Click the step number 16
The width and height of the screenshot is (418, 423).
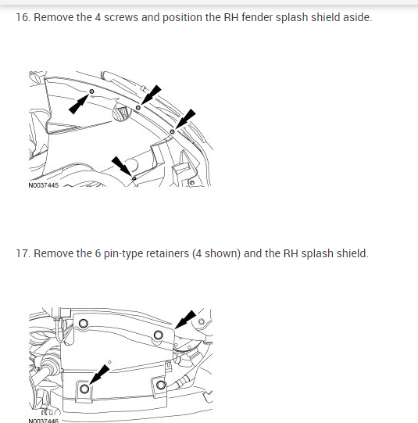pos(23,17)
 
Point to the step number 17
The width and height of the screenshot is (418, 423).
pos(23,253)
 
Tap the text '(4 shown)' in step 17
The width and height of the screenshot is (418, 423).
pos(216,254)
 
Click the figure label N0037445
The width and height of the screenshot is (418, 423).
pos(44,185)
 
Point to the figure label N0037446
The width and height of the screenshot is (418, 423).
pos(44,421)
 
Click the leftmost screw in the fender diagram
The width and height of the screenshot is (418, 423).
pos(91,91)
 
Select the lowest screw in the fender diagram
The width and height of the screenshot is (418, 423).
pos(134,178)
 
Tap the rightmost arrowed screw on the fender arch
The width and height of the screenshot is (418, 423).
pos(172,131)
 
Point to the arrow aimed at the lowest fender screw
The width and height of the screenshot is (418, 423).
pos(122,167)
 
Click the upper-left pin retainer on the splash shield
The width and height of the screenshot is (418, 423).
pos(84,323)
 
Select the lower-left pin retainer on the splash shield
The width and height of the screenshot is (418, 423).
pos(84,389)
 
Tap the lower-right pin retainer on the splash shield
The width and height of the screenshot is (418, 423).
pos(161,385)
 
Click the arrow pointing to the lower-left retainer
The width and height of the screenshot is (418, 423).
pos(99,375)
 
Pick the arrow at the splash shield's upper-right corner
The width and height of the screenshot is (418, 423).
pos(185,320)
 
